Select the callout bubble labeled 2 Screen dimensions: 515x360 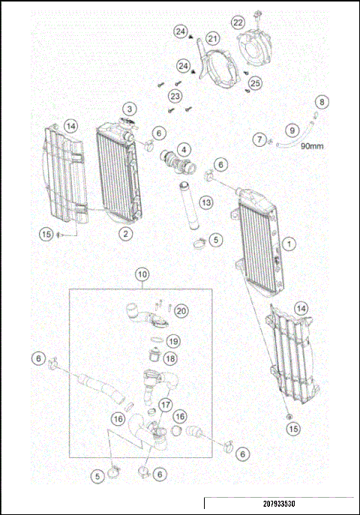(x=127, y=234)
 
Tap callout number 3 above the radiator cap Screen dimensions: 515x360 (x=130, y=109)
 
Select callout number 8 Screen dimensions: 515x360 (x=322, y=101)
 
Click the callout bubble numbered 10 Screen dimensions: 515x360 (x=142, y=274)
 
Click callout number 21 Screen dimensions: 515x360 (x=212, y=38)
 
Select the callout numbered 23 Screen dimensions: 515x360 (x=175, y=97)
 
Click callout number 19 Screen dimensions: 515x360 (x=173, y=341)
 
